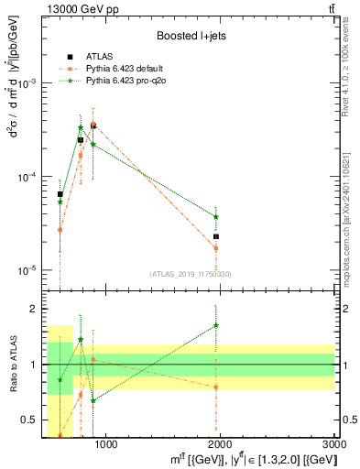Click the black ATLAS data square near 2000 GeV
point(216,236)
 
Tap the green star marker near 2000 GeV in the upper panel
point(216,217)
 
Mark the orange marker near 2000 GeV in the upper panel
point(216,248)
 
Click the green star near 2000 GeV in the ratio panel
point(216,325)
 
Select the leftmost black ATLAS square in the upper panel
point(60,194)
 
